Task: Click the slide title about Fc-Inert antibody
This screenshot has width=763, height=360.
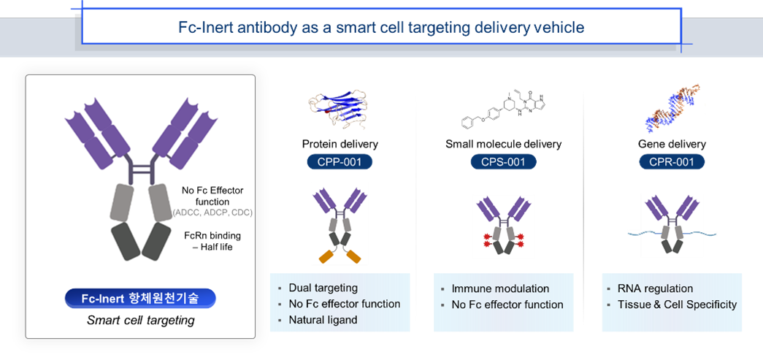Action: click(381, 28)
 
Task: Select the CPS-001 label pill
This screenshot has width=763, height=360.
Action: click(504, 161)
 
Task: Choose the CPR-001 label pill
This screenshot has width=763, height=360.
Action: click(670, 161)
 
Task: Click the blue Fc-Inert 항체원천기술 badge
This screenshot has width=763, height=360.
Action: click(140, 298)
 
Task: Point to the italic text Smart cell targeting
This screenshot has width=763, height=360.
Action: click(140, 320)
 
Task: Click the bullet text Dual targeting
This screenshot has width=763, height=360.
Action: click(323, 288)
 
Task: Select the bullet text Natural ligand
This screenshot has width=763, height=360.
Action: click(323, 319)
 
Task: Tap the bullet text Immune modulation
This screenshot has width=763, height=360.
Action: click(500, 288)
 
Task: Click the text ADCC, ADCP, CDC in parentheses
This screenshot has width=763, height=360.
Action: click(212, 212)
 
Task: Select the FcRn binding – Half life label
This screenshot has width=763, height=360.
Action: click(212, 241)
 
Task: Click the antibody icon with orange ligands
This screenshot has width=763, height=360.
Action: click(340, 223)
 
